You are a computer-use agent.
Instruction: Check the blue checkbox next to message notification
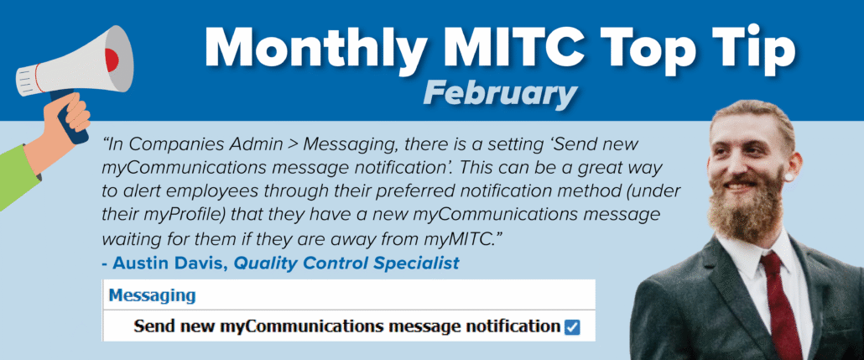coord(572,327)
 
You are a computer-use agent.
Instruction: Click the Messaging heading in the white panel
coord(152,295)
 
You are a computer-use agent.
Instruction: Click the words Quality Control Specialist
coord(346,263)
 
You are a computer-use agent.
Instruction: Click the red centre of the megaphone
coord(112,59)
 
